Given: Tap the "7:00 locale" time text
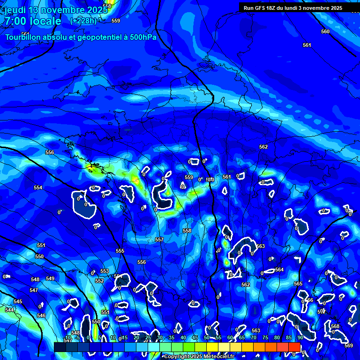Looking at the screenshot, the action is (33, 21).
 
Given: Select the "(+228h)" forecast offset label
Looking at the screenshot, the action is (83, 21).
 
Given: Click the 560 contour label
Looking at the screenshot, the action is (325, 31).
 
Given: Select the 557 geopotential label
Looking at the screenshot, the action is (159, 240).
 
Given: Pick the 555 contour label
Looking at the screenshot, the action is (120, 251).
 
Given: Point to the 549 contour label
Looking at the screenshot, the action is (50, 278).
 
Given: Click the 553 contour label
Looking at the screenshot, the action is (105, 271).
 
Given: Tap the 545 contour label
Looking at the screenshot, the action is (18, 301).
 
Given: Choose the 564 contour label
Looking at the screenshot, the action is (279, 270).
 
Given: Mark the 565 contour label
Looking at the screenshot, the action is (298, 284).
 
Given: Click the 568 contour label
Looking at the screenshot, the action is (335, 326).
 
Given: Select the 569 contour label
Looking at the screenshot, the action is (348, 345).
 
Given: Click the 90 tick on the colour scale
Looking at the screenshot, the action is (300, 337).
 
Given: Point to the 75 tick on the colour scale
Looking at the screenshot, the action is (265, 337).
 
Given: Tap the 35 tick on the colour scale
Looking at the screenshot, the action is (171, 337).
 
